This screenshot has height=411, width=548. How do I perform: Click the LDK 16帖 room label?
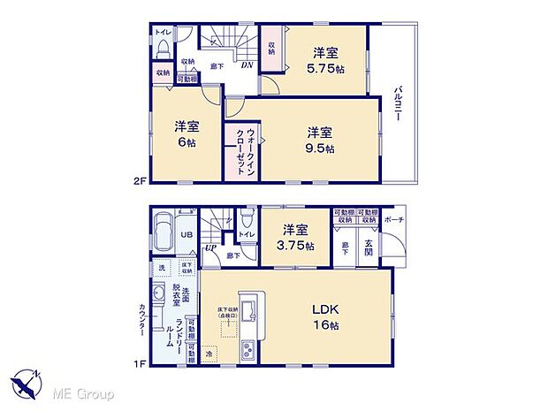[x=323, y=316]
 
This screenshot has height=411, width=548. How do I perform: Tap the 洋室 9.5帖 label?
[x=320, y=140]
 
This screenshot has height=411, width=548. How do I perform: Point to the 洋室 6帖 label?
[x=185, y=133]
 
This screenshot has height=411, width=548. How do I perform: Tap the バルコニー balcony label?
[x=399, y=103]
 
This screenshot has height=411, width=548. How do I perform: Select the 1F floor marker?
[x=139, y=362]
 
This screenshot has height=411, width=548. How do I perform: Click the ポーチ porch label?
[x=395, y=219]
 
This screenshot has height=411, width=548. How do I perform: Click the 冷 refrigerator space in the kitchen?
[x=209, y=355]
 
